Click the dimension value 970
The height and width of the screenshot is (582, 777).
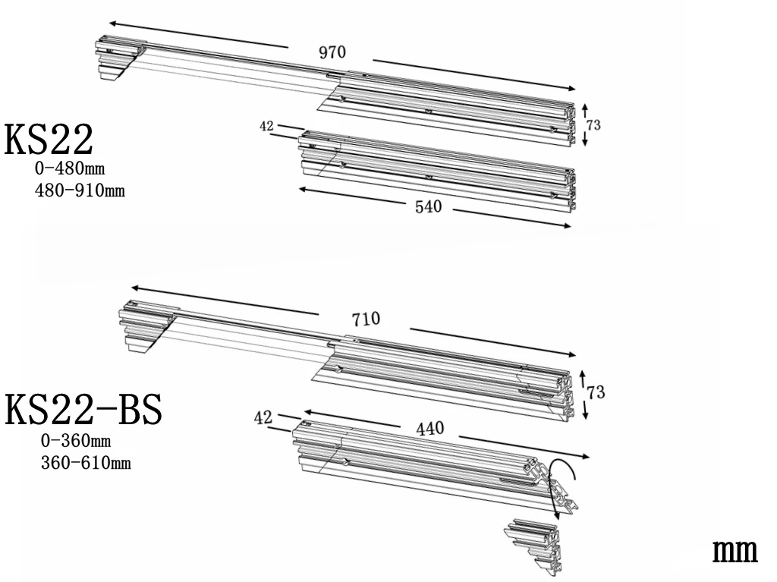[332, 52]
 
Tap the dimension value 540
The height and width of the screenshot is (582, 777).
[428, 207]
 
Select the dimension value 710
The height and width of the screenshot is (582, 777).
[366, 319]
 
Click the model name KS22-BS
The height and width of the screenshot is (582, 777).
[83, 410]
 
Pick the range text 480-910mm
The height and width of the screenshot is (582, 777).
[80, 190]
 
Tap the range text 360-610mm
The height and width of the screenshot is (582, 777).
[85, 462]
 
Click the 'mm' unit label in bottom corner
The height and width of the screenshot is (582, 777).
[735, 552]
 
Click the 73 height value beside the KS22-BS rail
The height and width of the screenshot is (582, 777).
[596, 392]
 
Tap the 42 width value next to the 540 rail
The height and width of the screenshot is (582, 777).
[266, 127]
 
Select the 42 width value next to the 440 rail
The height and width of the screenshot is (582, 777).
[263, 417]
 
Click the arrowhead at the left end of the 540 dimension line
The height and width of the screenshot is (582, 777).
[301, 189]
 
